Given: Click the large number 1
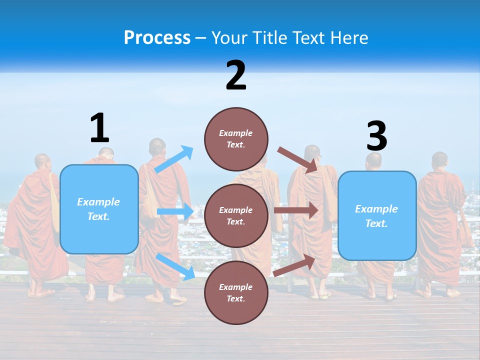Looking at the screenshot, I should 99,128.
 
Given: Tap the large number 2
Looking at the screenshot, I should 236,75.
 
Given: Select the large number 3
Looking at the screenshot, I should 376,136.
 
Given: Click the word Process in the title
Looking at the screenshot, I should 157,37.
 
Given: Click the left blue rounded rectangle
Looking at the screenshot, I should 99,209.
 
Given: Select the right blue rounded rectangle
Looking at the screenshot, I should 377,216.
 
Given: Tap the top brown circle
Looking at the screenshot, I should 236,139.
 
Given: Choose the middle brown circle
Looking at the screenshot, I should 236,215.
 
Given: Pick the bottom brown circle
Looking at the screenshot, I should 236,292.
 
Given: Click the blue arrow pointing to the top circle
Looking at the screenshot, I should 174,159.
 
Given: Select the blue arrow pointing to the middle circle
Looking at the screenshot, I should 175,211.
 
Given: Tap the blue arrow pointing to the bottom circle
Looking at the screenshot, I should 175,266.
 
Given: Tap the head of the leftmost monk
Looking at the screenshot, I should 43,161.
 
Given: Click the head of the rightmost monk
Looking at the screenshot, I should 439,160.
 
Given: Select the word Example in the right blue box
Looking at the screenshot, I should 376,209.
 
